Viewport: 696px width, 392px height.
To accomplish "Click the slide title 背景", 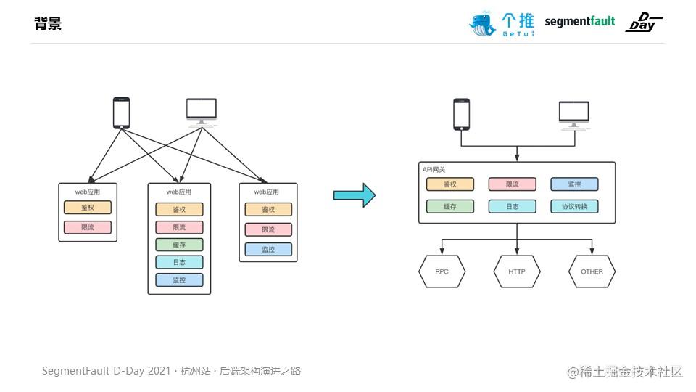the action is click(x=48, y=23).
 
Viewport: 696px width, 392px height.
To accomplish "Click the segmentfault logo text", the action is click(x=580, y=21).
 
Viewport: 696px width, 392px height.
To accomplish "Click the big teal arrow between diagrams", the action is click(x=355, y=195).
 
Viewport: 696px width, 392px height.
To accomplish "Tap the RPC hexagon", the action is click(x=442, y=271).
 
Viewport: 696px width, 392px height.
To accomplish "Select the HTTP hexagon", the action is click(x=517, y=271).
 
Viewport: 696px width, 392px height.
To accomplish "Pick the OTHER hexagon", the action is click(x=592, y=271).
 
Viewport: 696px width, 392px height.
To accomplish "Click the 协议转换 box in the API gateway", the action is click(x=574, y=206).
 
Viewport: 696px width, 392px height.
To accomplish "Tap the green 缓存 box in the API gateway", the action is click(x=450, y=206).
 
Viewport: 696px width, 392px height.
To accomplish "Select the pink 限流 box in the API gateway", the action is click(x=513, y=184).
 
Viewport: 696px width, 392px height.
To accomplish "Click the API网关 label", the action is click(x=434, y=169).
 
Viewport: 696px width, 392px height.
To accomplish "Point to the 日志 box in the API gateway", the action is click(x=513, y=206).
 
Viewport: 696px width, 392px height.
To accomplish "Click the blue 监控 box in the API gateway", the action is click(x=574, y=184).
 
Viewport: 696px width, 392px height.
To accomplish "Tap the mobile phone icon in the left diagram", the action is click(x=122, y=113).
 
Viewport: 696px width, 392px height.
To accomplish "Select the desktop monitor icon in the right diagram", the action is click(x=574, y=115).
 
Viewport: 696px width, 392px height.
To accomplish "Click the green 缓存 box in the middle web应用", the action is click(x=179, y=245).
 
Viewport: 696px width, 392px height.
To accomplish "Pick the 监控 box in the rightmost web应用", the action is click(x=268, y=249).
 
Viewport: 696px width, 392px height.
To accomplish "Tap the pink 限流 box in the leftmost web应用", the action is click(x=88, y=227).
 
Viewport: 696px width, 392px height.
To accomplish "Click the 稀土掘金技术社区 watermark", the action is click(x=625, y=372).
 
